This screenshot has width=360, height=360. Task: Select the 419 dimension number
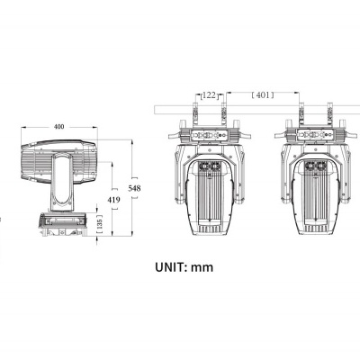coord(112,199)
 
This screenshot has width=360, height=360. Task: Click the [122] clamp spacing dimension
coord(208,93)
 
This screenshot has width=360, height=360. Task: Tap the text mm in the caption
coord(205,266)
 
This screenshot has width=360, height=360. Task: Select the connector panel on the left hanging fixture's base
coord(208,137)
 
